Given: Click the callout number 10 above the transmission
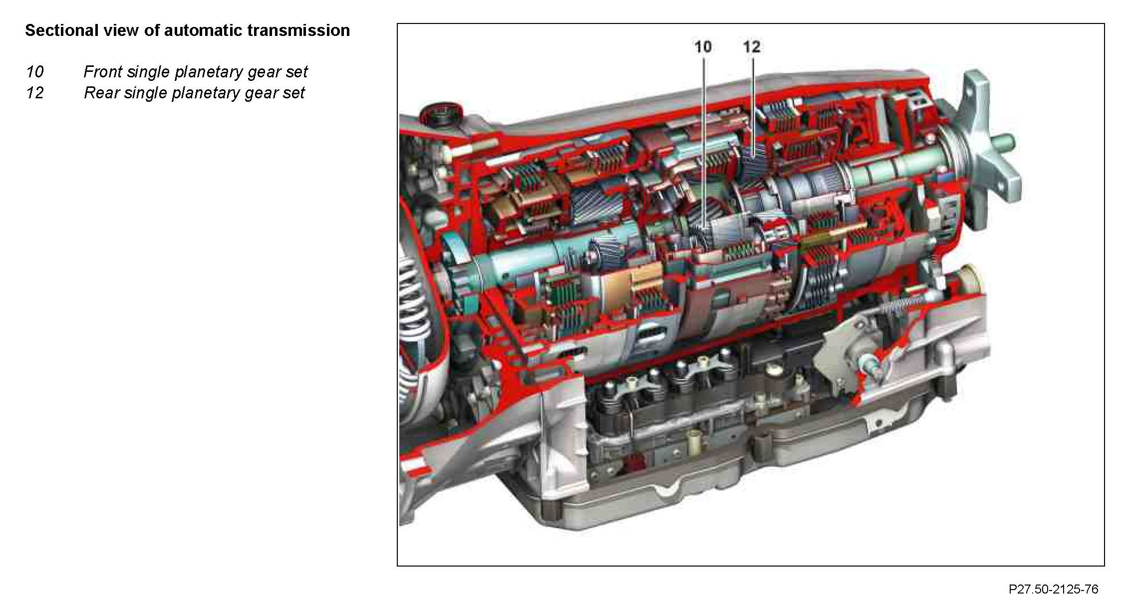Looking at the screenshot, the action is [703, 47].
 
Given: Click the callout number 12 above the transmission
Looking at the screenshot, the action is [752, 47].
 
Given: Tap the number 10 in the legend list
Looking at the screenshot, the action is [35, 72].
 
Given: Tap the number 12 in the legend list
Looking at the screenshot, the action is [35, 93].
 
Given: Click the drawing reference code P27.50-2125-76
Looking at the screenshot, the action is [1054, 589].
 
